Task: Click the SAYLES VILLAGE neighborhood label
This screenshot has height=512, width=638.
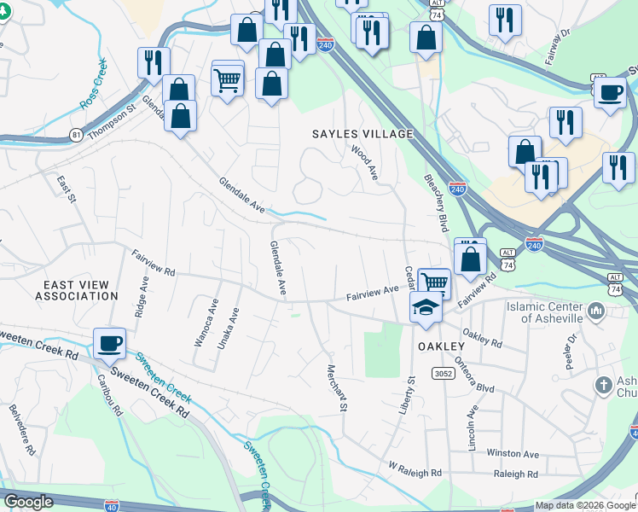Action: pyautogui.click(x=362, y=135)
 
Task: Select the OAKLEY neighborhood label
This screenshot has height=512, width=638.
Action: pyautogui.click(x=441, y=346)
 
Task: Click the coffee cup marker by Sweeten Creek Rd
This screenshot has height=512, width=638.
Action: pyautogui.click(x=109, y=343)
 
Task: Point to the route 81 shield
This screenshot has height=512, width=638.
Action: pyautogui.click(x=77, y=135)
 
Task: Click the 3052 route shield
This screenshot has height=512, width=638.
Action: pyautogui.click(x=443, y=374)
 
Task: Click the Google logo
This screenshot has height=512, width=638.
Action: pyautogui.click(x=28, y=502)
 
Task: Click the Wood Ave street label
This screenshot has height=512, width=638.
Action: pyautogui.click(x=365, y=161)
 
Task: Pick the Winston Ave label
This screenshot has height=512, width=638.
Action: pyautogui.click(x=513, y=454)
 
